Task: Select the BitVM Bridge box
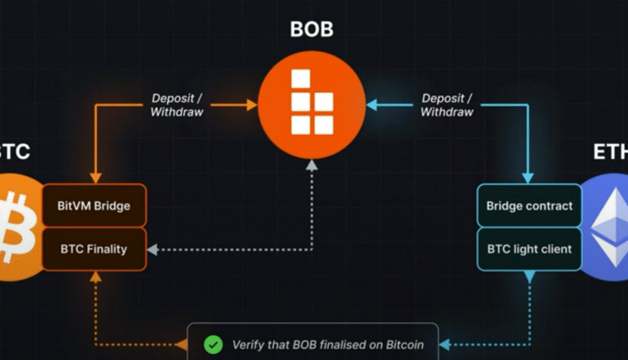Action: [x=95, y=205]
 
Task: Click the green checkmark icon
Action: [x=214, y=343]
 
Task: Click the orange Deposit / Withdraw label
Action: [x=178, y=105]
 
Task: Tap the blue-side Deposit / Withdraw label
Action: [x=447, y=105]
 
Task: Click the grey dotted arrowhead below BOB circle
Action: [x=311, y=166]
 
